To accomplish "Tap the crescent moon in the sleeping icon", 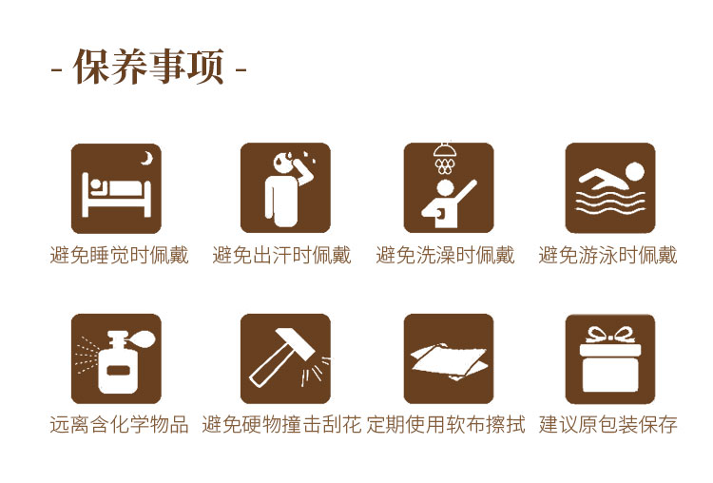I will [x=145, y=158].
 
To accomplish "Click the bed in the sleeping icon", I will [x=116, y=195].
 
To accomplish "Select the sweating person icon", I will [x=284, y=187].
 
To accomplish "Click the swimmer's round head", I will [x=634, y=172].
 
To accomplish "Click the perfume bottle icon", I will [x=116, y=357].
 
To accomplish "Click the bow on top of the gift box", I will [x=610, y=334].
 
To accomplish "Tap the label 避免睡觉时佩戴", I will [x=119, y=255].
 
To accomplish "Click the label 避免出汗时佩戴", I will [x=281, y=255].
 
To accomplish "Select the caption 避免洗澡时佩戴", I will [x=445, y=255].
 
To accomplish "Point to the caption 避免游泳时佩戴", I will [x=608, y=255].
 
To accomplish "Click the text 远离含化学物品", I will [x=119, y=425].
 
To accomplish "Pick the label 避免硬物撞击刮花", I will [x=281, y=425].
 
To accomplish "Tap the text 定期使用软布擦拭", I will [x=446, y=425].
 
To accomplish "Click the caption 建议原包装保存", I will [x=608, y=425].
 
